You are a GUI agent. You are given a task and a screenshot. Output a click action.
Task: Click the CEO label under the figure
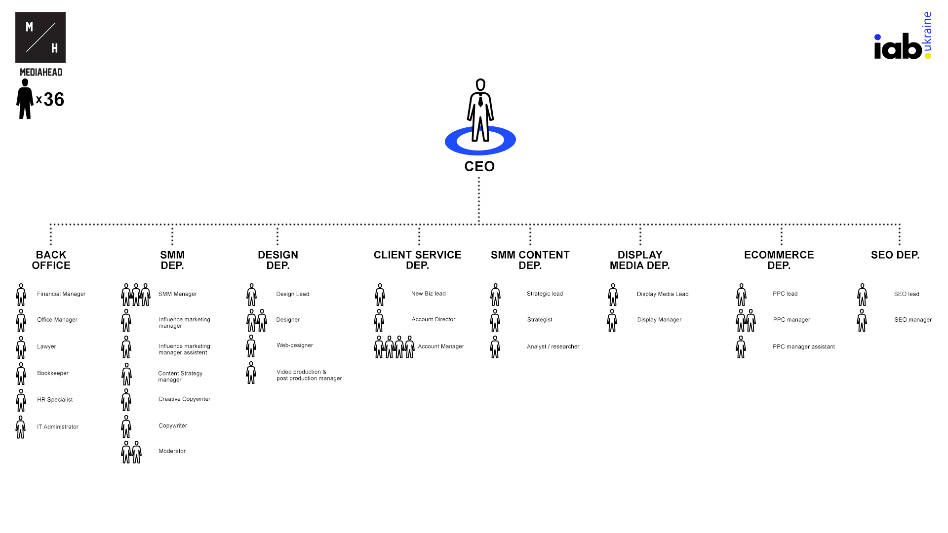pos(479,166)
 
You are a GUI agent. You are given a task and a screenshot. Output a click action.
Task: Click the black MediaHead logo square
pos(40,38)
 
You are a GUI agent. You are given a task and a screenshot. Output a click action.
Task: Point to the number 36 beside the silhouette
pos(54,100)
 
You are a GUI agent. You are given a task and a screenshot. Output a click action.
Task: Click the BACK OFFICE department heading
pos(51,260)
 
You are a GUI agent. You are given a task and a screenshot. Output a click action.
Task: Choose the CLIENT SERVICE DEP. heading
pos(417,260)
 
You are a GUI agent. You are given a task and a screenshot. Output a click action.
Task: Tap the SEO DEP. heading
pos(895,255)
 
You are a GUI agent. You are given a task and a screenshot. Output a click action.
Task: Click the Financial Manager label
pos(61,294)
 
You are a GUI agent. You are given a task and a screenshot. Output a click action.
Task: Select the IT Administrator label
pos(58,427)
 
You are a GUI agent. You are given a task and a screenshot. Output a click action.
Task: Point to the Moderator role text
pos(172,451)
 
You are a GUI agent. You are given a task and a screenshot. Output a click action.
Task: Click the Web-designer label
pos(295,345)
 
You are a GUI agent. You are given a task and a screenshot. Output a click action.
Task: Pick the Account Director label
pos(434,320)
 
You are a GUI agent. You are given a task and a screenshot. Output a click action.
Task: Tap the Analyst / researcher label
pos(553,347)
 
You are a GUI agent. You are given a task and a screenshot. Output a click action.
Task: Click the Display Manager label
pos(659,320)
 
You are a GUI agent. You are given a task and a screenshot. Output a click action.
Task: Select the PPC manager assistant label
pos(804,347)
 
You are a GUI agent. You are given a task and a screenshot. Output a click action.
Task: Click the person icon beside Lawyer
pos(21,348)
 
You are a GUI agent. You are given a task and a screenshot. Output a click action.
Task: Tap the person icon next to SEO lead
pos(862,295)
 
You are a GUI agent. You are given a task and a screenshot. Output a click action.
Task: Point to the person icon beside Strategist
pos(495,321)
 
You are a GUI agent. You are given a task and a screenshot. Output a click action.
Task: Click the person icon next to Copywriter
pos(126,426)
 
